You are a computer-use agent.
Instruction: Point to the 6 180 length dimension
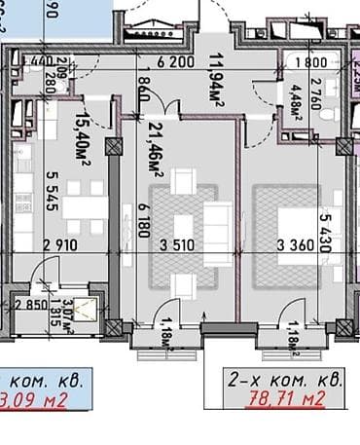pos(145,223)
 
